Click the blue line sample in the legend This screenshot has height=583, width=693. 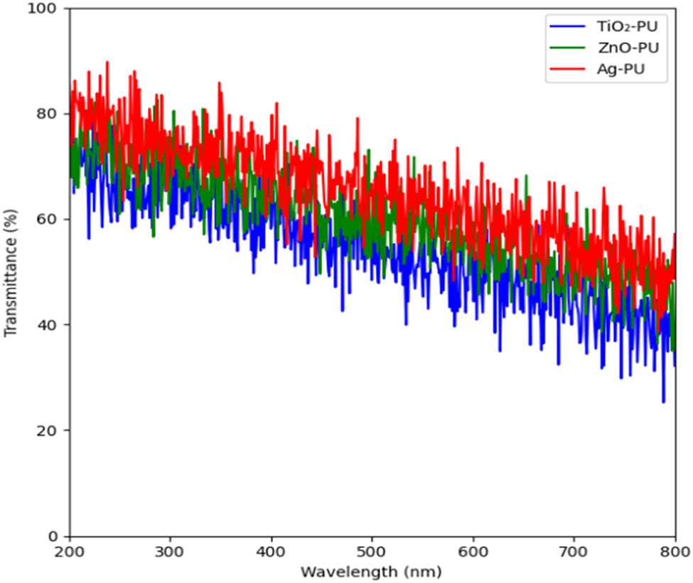point(567,28)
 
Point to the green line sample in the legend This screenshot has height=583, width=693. point(567,49)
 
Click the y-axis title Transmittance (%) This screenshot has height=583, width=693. point(11,272)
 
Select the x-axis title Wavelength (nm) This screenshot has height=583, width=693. point(372,572)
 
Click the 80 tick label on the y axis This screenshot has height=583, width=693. point(51,114)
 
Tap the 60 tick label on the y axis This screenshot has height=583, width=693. point(51,219)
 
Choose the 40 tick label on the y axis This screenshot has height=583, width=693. point(51,325)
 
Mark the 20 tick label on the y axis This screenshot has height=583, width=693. point(51,430)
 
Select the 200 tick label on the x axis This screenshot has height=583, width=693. point(70,551)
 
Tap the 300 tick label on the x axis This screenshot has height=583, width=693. point(171,551)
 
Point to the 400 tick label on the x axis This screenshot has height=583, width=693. point(272,551)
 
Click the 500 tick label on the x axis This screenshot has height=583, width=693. point(372,551)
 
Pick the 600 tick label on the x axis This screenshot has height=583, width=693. point(473,551)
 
